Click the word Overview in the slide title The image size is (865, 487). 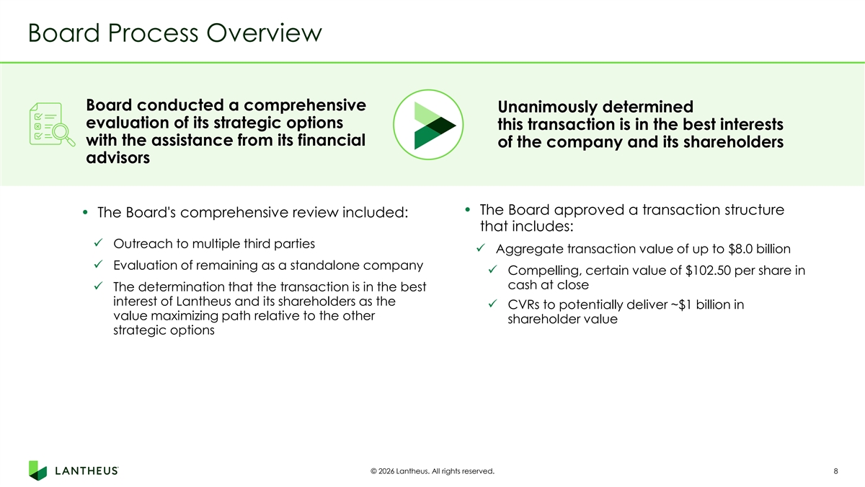click(264, 33)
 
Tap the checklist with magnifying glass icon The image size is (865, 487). click(52, 124)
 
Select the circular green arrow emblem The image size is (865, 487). click(428, 124)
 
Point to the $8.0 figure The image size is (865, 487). click(740, 249)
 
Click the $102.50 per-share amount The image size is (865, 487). click(708, 271)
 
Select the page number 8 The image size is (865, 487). click(835, 471)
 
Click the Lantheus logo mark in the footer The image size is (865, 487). click(37, 470)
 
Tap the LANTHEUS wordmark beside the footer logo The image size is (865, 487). click(86, 470)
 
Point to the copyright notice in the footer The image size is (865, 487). click(432, 471)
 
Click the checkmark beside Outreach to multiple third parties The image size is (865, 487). click(98, 242)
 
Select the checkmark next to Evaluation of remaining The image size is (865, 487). click(98, 264)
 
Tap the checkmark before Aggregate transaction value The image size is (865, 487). click(480, 247)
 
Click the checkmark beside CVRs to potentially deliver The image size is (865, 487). click(492, 304)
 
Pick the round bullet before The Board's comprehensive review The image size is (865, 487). click(85, 212)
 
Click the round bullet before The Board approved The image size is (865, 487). click(468, 210)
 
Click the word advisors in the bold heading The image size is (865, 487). click(117, 158)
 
